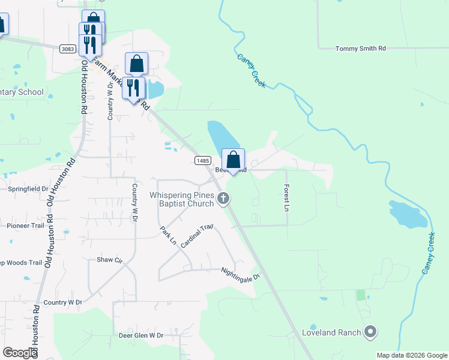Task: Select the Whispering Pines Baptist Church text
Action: point(181,199)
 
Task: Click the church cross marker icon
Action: point(224,198)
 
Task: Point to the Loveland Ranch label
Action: point(331,332)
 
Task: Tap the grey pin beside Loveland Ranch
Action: point(370,332)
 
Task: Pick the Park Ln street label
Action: point(168,236)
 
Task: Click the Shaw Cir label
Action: point(109,260)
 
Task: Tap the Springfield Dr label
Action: point(28,188)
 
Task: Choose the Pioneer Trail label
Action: point(25,226)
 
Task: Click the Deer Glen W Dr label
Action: point(141,335)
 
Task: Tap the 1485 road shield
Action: point(202,160)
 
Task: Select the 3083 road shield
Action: point(67,48)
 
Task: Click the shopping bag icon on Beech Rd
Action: point(234,160)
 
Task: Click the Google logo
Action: point(20,353)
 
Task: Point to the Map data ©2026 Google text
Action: point(411,355)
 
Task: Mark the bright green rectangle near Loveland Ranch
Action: point(361,295)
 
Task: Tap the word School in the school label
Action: point(31,92)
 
